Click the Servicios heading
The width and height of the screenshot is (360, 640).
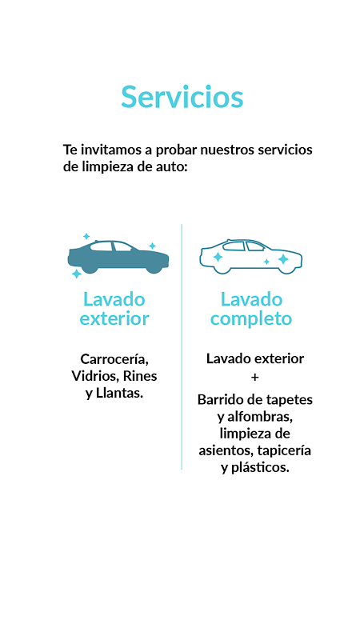182,97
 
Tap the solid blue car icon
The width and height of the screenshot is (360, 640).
118,257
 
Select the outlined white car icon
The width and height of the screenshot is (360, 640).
250,257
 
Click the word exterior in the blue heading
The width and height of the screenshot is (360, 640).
114,318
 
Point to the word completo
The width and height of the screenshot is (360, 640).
251,318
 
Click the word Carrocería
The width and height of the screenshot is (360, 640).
114,359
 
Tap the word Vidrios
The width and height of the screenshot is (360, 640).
95,376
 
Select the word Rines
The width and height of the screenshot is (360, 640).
140,376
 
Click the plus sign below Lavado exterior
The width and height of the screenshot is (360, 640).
254,378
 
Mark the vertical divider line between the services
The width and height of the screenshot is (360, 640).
182,346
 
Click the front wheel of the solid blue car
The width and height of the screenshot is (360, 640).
154,268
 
